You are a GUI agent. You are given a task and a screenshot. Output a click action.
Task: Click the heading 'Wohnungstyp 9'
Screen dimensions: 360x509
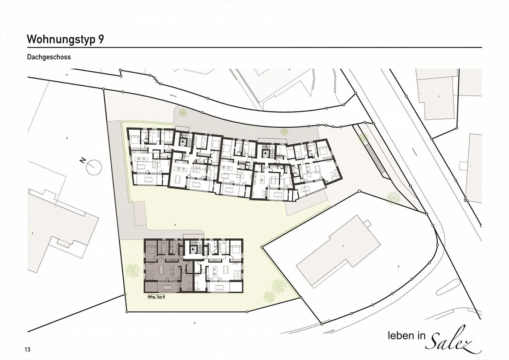pyautogui.click(x=65, y=39)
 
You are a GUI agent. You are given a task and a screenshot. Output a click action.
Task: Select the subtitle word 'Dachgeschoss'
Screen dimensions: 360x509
pyautogui.click(x=49, y=57)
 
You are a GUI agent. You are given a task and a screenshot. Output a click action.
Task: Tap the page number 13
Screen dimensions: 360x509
pyautogui.click(x=28, y=349)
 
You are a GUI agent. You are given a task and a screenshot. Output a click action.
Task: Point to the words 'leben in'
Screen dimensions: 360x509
pyautogui.click(x=406, y=336)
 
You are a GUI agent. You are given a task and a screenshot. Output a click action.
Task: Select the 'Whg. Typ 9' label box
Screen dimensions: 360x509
pyautogui.click(x=156, y=297)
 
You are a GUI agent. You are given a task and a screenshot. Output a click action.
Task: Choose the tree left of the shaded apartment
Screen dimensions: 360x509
pyautogui.click(x=133, y=270)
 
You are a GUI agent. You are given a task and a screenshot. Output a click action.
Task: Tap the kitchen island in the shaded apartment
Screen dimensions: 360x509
pyautogui.click(x=172, y=271)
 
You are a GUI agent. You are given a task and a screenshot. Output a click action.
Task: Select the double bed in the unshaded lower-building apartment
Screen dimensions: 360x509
pyautogui.click(x=236, y=249)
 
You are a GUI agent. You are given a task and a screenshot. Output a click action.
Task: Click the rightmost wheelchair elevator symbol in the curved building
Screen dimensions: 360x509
pyautogui.click(x=265, y=153)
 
